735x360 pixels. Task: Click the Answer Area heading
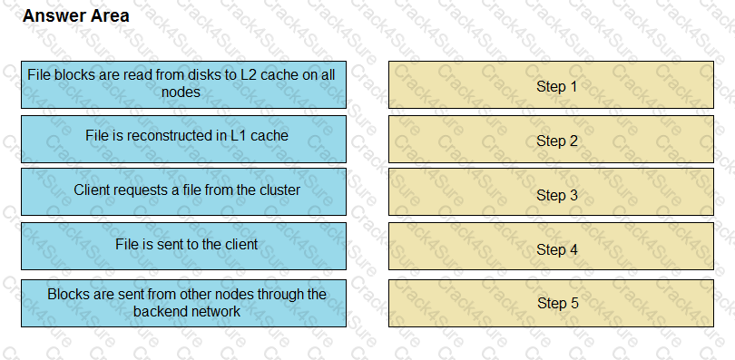pyautogui.click(x=75, y=16)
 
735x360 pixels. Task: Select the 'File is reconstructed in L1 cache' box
pyautogui.click(x=183, y=138)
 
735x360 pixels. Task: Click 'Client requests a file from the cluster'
pyautogui.click(x=183, y=191)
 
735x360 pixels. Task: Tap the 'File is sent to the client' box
pyautogui.click(x=183, y=246)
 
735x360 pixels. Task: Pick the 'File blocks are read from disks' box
pyautogui.click(x=183, y=84)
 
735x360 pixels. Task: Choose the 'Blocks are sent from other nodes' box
pyautogui.click(x=183, y=303)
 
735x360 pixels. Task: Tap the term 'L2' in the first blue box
pyautogui.click(x=250, y=75)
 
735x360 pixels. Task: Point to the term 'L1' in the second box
pyautogui.click(x=239, y=136)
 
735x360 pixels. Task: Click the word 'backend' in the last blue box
pyautogui.click(x=160, y=311)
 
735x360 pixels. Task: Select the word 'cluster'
pyautogui.click(x=279, y=190)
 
